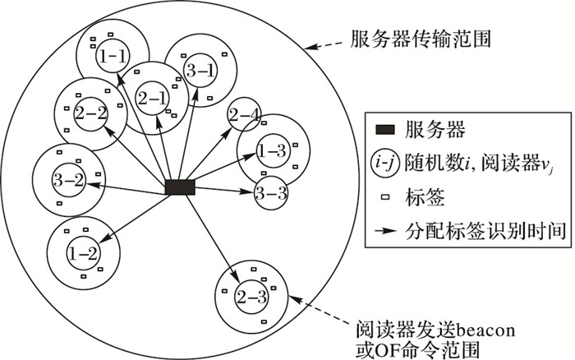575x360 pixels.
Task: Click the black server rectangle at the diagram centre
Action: [x=180, y=187]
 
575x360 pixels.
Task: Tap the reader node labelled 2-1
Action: [x=153, y=97]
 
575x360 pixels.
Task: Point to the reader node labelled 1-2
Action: [x=83, y=253]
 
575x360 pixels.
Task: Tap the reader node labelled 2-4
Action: [x=244, y=113]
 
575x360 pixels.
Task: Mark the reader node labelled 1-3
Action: [x=272, y=150]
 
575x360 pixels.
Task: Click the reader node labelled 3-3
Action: [x=271, y=195]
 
